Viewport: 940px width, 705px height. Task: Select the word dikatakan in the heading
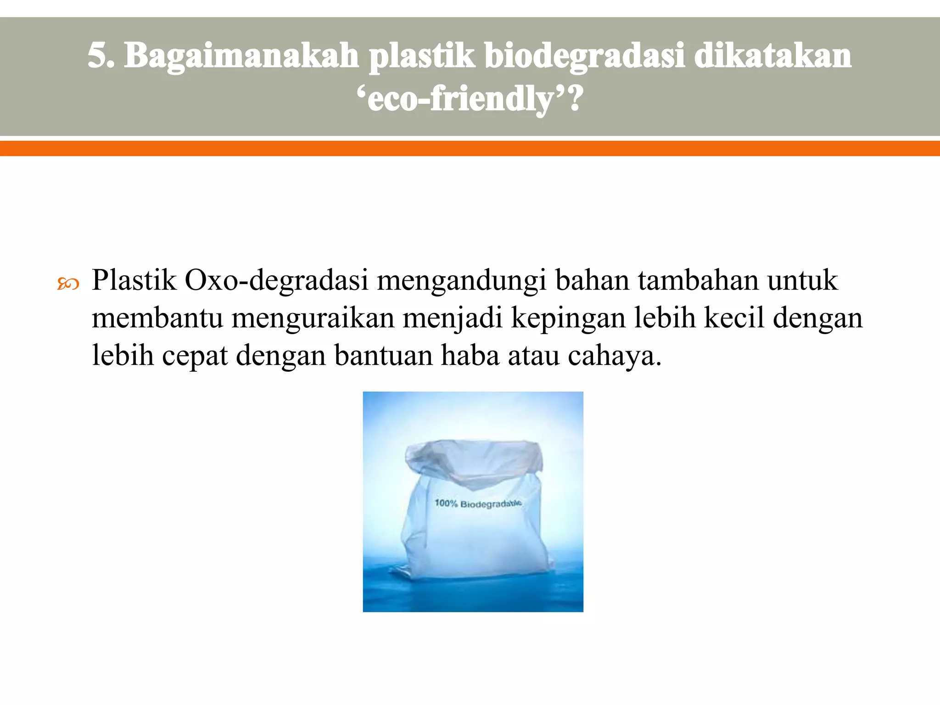click(773, 56)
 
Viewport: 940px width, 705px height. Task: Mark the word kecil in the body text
click(734, 318)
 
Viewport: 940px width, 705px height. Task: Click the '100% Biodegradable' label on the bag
click(478, 504)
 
